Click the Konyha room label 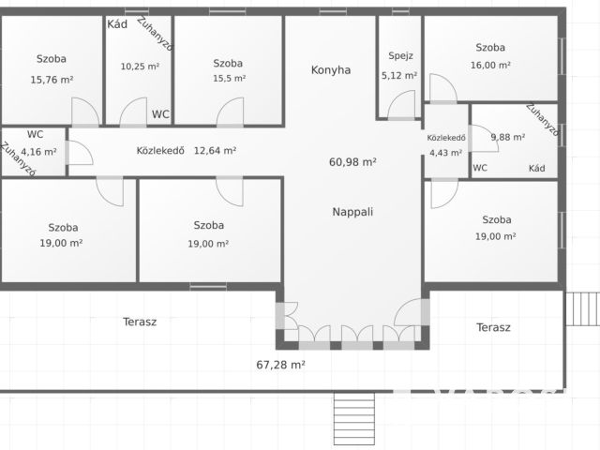pyautogui.click(x=331, y=70)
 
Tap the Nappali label pyautogui.click(x=352, y=212)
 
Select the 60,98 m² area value pyautogui.click(x=352, y=162)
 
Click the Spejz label pyautogui.click(x=400, y=56)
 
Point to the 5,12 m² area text pyautogui.click(x=399, y=75)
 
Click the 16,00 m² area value pyautogui.click(x=490, y=65)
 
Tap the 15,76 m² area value pyautogui.click(x=52, y=80)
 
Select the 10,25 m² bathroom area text pyautogui.click(x=140, y=67)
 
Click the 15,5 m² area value pyautogui.click(x=229, y=79)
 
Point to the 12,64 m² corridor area pyautogui.click(x=215, y=150)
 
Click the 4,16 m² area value pyautogui.click(x=38, y=152)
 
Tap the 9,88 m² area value pyautogui.click(x=508, y=137)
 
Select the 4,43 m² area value pyautogui.click(x=446, y=153)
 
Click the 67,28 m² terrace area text pyautogui.click(x=280, y=365)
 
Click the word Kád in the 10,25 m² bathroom pyautogui.click(x=117, y=24)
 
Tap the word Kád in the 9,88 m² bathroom pyautogui.click(x=537, y=168)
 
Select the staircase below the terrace pyautogui.click(x=354, y=419)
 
